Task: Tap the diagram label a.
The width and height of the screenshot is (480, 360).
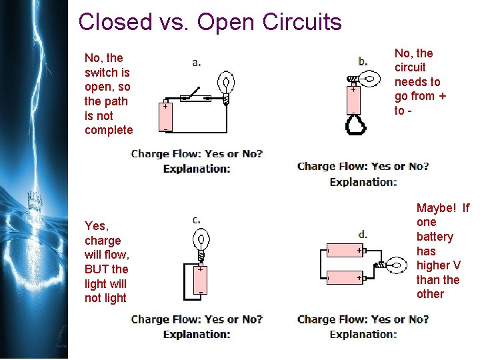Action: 197,63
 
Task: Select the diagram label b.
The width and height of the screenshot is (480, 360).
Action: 363,61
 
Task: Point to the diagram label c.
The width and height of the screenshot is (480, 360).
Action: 197,219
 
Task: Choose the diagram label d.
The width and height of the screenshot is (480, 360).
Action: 363,234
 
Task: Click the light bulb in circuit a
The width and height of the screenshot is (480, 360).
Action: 228,87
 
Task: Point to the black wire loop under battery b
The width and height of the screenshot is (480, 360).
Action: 353,125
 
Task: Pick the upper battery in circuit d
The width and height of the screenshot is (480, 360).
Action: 345,251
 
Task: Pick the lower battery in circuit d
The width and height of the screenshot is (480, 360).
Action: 345,277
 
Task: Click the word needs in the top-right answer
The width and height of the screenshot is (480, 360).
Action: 417,82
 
